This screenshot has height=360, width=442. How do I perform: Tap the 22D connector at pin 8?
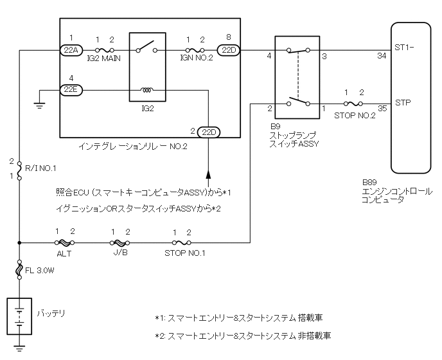229,50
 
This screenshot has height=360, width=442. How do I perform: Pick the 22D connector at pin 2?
208,132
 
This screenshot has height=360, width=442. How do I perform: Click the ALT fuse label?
64,254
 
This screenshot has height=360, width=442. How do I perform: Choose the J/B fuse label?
120,254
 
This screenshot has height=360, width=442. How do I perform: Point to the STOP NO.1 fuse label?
184,254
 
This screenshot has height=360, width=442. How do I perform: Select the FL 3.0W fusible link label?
40,271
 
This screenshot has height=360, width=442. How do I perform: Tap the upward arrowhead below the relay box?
208,174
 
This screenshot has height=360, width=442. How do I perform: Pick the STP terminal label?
403,102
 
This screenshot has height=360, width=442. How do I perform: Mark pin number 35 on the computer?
383,110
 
